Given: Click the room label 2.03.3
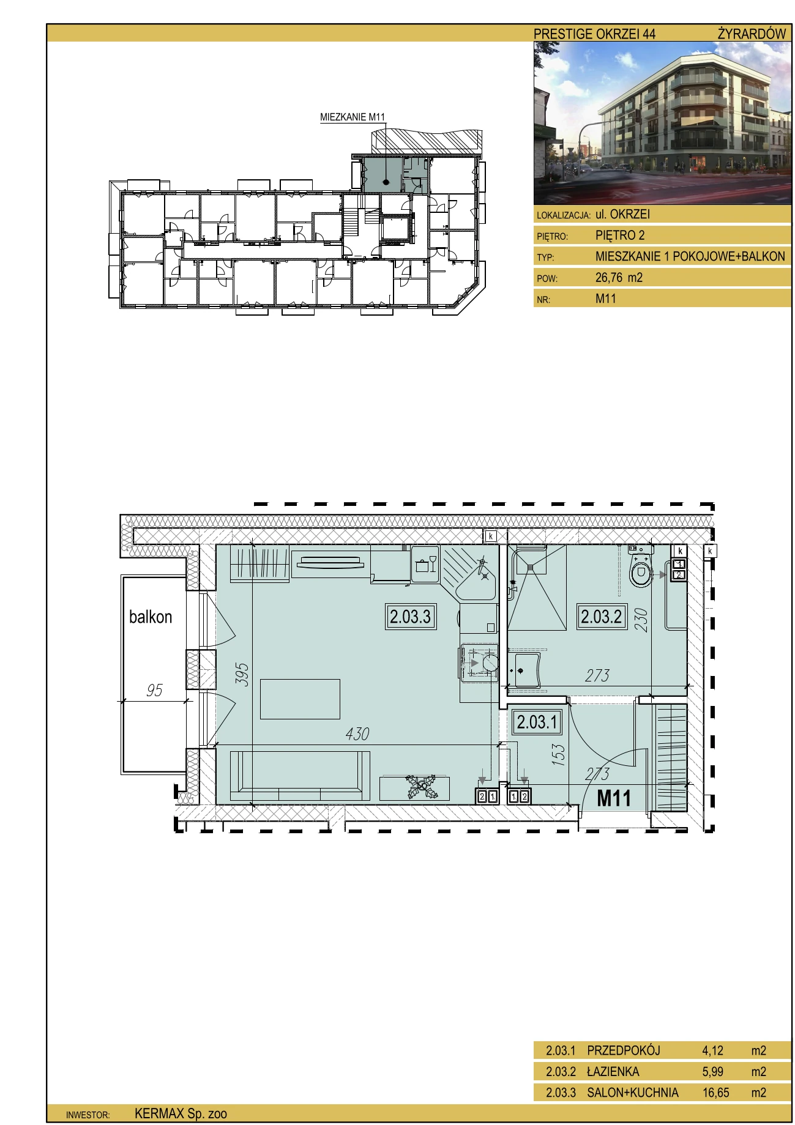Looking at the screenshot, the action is [411, 617].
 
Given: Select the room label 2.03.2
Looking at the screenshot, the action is [602, 617].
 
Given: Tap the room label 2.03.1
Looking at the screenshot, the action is [537, 722].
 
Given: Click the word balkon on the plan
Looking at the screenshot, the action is [151, 617].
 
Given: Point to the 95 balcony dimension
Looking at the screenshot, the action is [154, 690].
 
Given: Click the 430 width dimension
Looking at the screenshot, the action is [357, 733].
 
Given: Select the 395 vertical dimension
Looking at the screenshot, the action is [243, 674].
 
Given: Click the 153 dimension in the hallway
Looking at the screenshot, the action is [559, 755].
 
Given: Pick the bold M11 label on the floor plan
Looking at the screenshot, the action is [614, 798].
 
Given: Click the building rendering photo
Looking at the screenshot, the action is [663, 123].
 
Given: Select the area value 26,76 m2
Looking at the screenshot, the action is [619, 278].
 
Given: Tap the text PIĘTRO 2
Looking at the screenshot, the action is [620, 236].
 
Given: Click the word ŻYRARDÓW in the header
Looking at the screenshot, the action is [752, 34].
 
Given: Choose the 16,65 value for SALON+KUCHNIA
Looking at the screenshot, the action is [716, 1093].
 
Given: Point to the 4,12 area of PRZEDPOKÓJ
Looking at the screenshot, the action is [713, 1051].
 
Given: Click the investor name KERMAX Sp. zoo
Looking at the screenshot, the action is [181, 1114].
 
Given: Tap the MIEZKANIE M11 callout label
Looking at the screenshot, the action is [353, 117].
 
